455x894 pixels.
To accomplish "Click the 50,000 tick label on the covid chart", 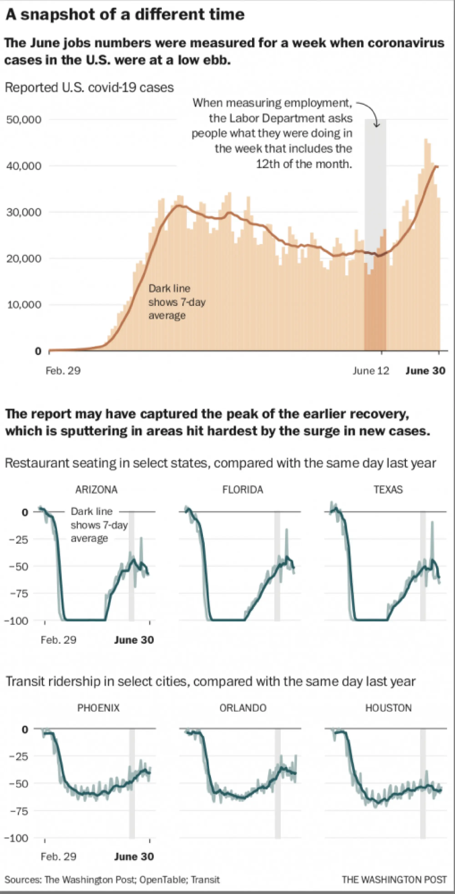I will click(x=24, y=120).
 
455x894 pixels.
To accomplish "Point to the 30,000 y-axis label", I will click(x=24, y=212).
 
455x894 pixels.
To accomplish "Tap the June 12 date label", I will click(x=371, y=371).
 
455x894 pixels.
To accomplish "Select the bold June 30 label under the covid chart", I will click(x=425, y=371).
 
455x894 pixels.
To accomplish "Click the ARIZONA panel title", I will click(x=96, y=490).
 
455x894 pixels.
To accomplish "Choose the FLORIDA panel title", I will click(x=243, y=490).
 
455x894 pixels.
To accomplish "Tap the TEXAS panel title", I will click(x=388, y=490).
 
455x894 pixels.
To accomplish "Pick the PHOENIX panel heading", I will click(x=98, y=708).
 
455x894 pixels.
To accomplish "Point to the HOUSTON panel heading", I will click(x=388, y=708).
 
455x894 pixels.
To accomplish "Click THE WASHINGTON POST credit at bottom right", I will click(x=394, y=879).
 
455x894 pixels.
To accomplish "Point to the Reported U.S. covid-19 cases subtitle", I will click(x=89, y=87).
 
